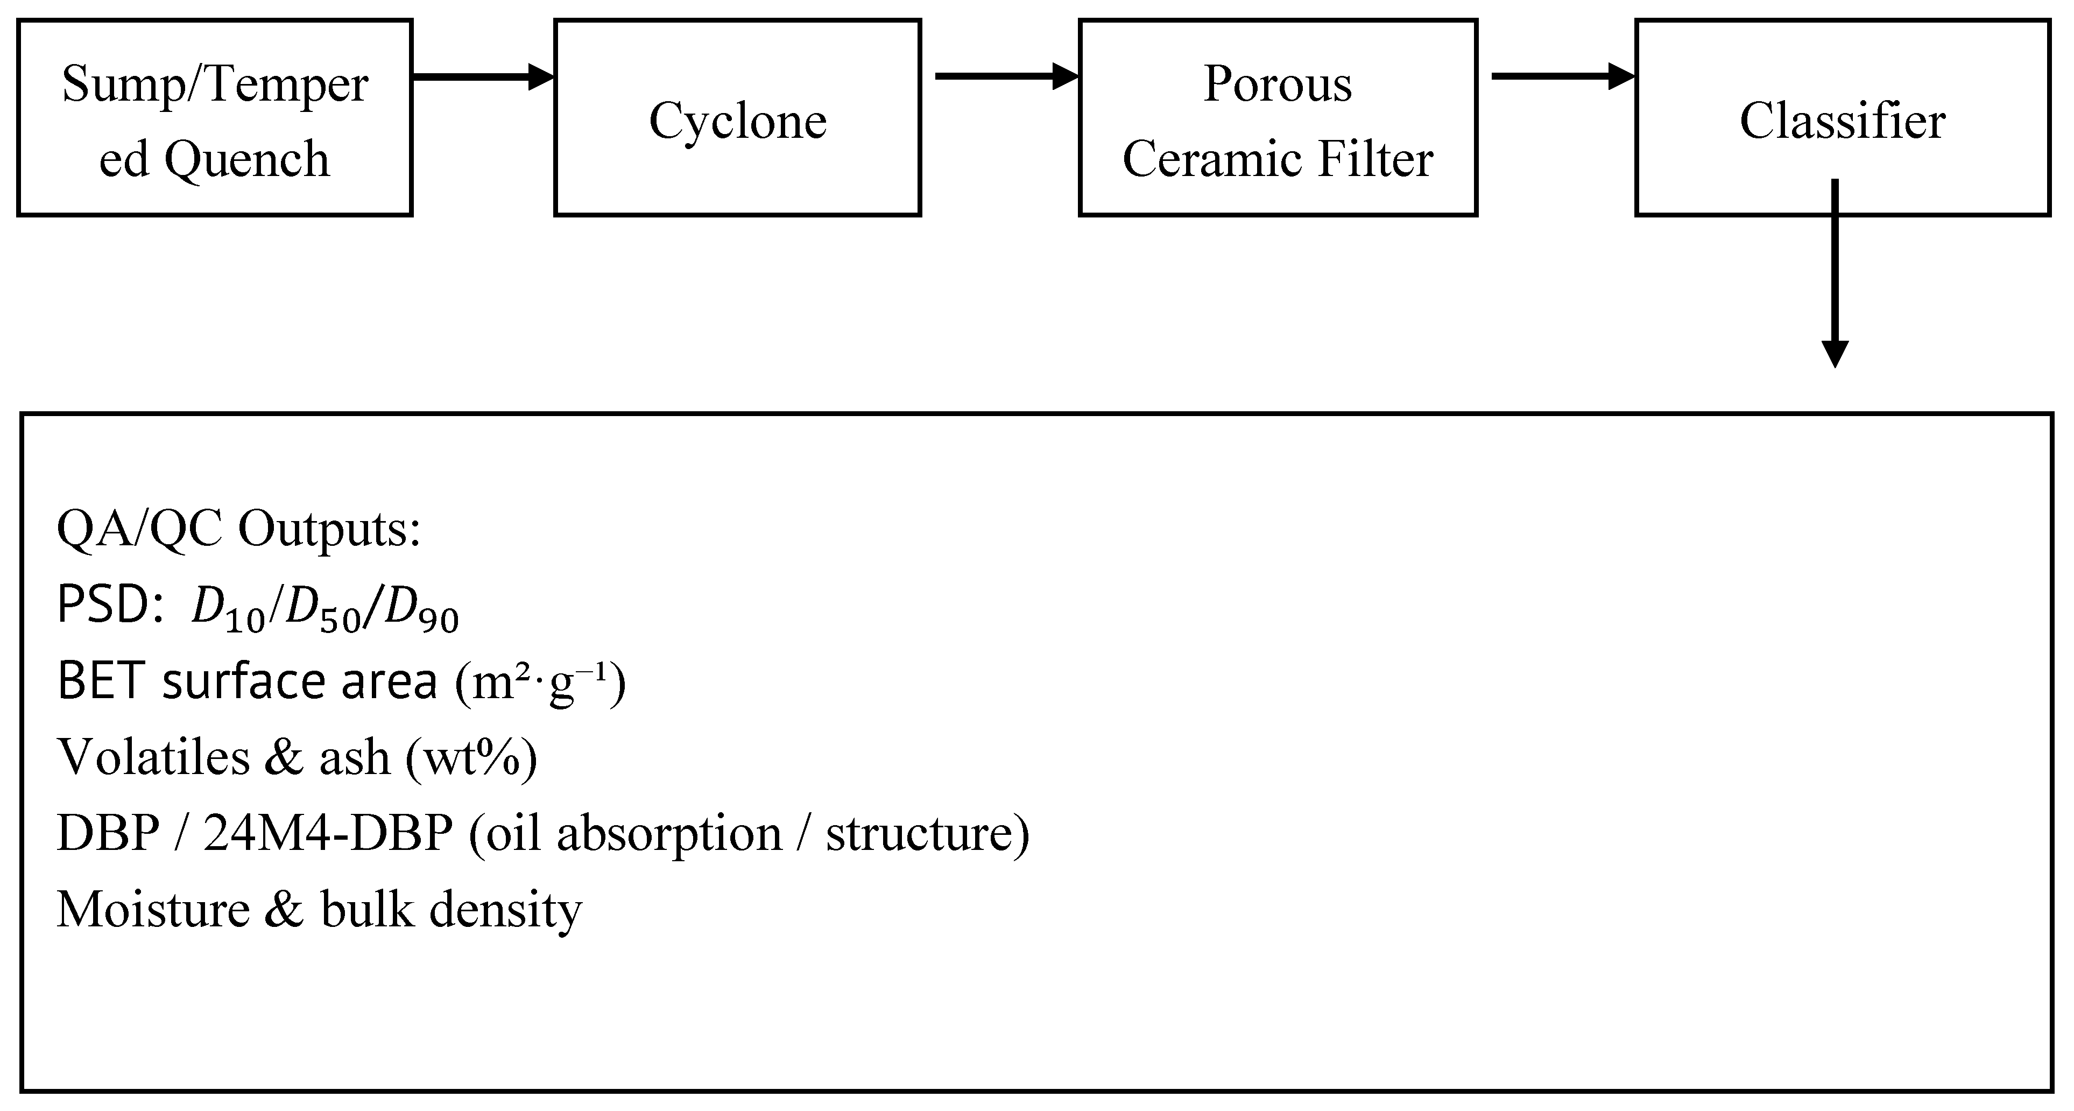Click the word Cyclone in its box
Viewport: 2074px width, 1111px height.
tap(737, 121)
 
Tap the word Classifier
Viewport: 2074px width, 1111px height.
tap(1842, 121)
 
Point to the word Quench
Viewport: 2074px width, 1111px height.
tap(246, 159)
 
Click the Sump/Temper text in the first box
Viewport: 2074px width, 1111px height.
tap(215, 85)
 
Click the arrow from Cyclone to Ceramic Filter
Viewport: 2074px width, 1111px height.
tap(1006, 76)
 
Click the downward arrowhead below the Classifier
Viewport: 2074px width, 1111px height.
tap(1835, 353)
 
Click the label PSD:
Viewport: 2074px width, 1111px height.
tap(111, 606)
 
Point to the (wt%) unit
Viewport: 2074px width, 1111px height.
tap(471, 757)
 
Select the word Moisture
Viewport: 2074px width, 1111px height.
tap(153, 910)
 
